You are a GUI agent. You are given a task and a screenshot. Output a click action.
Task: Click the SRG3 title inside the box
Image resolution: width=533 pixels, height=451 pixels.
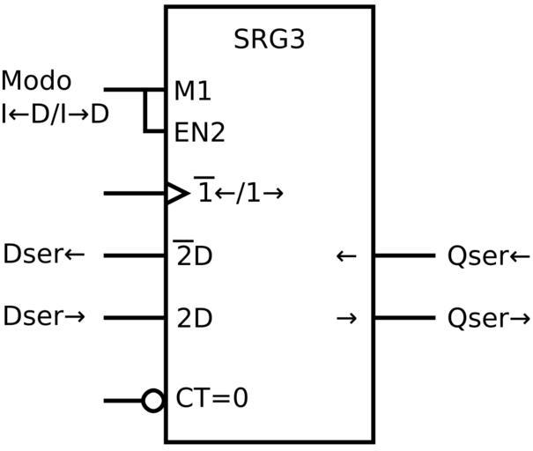tap(269, 41)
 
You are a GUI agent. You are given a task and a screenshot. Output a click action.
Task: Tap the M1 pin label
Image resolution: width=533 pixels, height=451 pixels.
tap(192, 91)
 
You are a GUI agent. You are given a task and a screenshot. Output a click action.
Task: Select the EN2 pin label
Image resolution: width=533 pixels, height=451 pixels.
tap(199, 133)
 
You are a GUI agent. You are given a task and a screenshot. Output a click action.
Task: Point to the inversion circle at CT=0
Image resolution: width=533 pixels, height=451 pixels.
tap(153, 401)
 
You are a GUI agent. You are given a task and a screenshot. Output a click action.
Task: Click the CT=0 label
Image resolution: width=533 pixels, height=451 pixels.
tap(211, 398)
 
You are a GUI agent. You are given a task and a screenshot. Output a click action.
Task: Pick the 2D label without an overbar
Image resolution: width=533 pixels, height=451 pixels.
tap(194, 318)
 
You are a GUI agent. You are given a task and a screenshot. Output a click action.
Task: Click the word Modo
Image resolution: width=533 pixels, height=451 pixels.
tap(36, 81)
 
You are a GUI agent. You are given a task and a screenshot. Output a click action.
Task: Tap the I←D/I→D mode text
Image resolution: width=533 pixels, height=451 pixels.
tap(55, 114)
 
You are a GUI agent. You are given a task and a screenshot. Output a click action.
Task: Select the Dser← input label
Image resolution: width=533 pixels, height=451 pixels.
tap(44, 255)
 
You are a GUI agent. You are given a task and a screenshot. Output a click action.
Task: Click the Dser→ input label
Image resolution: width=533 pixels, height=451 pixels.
tap(44, 316)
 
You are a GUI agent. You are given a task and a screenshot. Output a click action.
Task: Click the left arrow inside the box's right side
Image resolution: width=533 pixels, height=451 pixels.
tap(346, 256)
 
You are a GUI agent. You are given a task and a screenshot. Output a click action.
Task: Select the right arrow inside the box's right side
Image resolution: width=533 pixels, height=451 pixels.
tap(346, 318)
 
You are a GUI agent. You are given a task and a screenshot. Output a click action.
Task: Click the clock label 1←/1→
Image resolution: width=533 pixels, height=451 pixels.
tap(240, 193)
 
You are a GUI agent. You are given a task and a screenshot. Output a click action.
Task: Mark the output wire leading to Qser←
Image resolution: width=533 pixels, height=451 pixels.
tap(404, 255)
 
